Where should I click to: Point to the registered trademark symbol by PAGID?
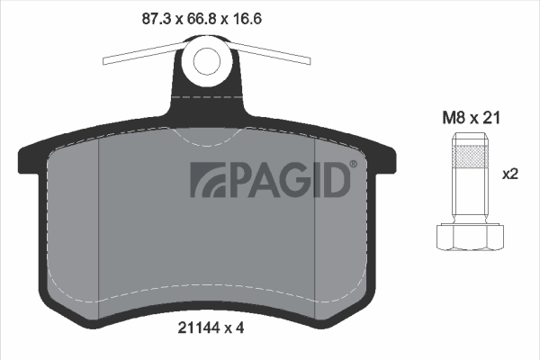(x=352, y=164)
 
